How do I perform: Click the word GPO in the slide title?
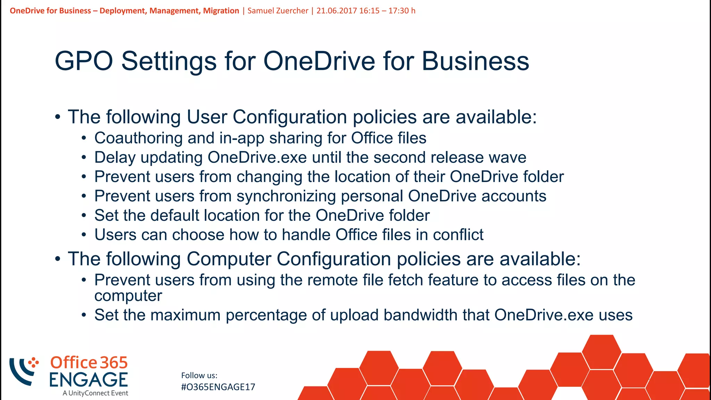84,61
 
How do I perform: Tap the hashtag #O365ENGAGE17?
218,387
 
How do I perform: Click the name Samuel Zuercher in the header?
278,11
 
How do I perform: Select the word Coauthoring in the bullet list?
138,138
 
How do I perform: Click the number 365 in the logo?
114,363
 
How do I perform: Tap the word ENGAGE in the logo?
88,380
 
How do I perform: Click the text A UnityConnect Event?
95,393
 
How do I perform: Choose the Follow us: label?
199,375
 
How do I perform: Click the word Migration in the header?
221,11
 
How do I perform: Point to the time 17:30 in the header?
399,11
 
